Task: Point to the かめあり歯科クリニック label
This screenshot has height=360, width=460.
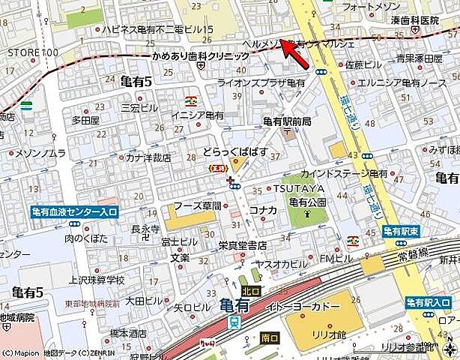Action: [200, 57]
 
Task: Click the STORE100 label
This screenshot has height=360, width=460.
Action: [32, 52]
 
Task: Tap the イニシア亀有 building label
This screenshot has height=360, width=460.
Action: [198, 114]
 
